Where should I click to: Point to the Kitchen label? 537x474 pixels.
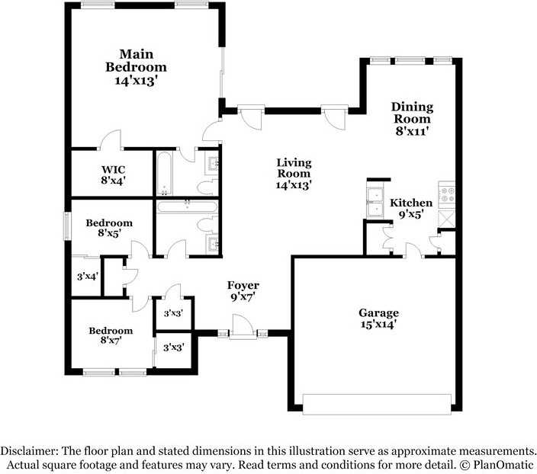pyautogui.click(x=411, y=203)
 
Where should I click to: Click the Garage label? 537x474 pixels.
pyautogui.click(x=378, y=312)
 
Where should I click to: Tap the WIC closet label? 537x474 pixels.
pyautogui.click(x=113, y=168)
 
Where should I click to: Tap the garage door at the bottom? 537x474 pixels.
pyautogui.click(x=377, y=404)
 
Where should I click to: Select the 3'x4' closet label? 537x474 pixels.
pyautogui.click(x=87, y=277)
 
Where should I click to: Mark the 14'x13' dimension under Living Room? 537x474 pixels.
pyautogui.click(x=294, y=184)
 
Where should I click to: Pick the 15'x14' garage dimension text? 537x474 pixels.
pyautogui.click(x=378, y=325)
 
